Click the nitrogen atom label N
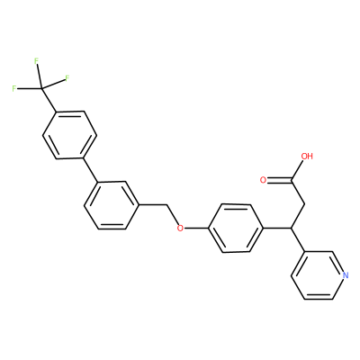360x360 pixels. click(346, 275)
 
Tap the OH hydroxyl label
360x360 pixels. click(307, 157)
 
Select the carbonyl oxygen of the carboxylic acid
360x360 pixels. click(264, 180)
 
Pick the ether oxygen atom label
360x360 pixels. click(180, 229)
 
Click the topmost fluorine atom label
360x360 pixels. click(37, 61)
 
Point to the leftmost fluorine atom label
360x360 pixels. click(13, 89)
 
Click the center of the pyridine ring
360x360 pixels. click(319, 275)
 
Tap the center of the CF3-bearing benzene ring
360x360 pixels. click(69, 135)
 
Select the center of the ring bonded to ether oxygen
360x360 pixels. click(236, 229)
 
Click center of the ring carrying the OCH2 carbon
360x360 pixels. click(112, 205)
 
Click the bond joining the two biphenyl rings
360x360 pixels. click(90, 170)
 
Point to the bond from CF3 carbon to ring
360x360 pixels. click(49, 100)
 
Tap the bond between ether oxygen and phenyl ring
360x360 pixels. click(196, 229)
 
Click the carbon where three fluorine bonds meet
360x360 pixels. click(41, 88)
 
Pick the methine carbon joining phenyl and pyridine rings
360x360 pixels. click(291, 229)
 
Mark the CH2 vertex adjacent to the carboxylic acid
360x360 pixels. click(305, 204)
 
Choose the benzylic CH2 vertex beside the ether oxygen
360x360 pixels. click(166, 205)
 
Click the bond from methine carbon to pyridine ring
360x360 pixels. click(298, 240)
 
